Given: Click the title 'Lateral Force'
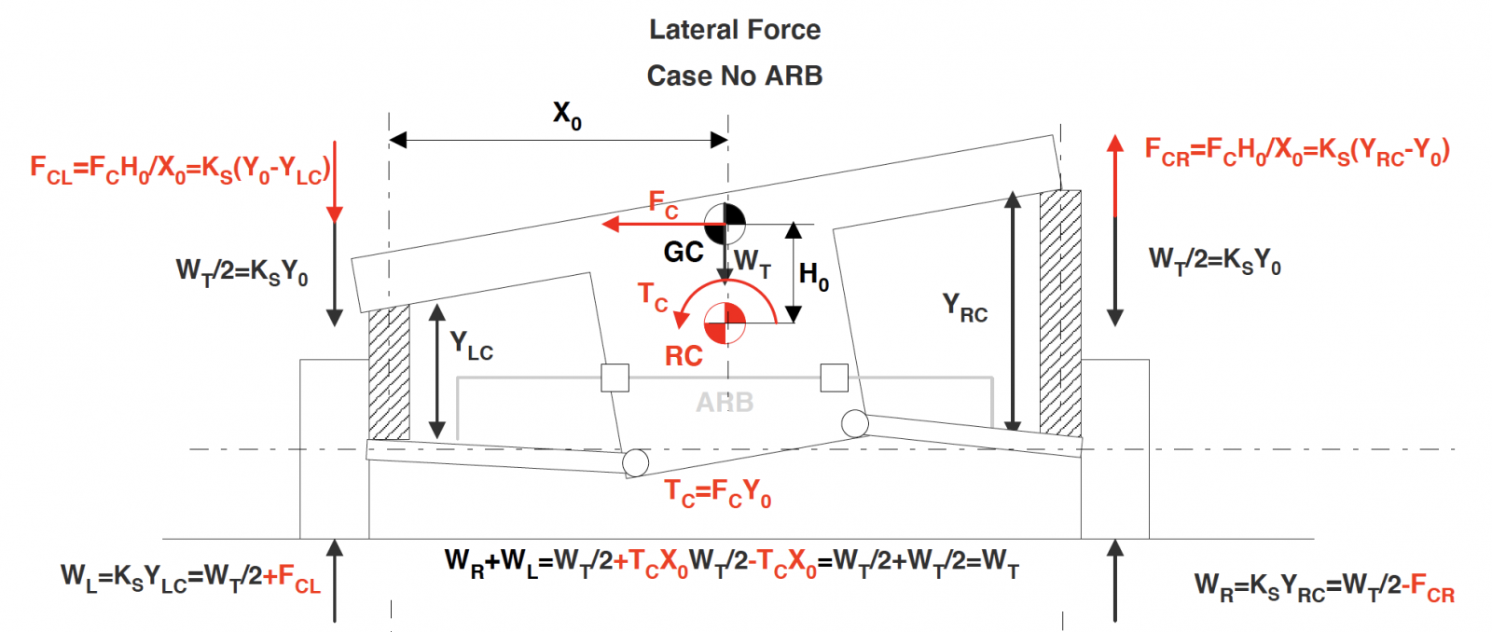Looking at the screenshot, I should point(735,30).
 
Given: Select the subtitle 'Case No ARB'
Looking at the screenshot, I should point(735,76).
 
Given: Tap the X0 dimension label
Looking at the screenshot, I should point(567,116).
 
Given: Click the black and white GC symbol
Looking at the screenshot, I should point(725,224).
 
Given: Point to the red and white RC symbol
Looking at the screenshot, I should point(725,323).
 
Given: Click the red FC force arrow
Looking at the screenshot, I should point(653,224).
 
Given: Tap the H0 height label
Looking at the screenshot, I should point(813,276).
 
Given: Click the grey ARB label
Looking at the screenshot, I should point(725,403).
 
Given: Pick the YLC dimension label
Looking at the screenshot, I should point(471,346).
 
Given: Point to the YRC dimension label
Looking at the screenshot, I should point(964,308).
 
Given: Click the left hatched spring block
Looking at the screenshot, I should point(389,373).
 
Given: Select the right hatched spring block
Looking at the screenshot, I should point(1061,313).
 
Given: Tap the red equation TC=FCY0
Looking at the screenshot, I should point(718,492).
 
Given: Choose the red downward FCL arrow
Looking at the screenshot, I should point(334,186).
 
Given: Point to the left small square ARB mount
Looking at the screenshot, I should point(615,378).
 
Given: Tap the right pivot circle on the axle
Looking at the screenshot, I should point(854,423).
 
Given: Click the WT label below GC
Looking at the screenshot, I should point(753,263).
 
